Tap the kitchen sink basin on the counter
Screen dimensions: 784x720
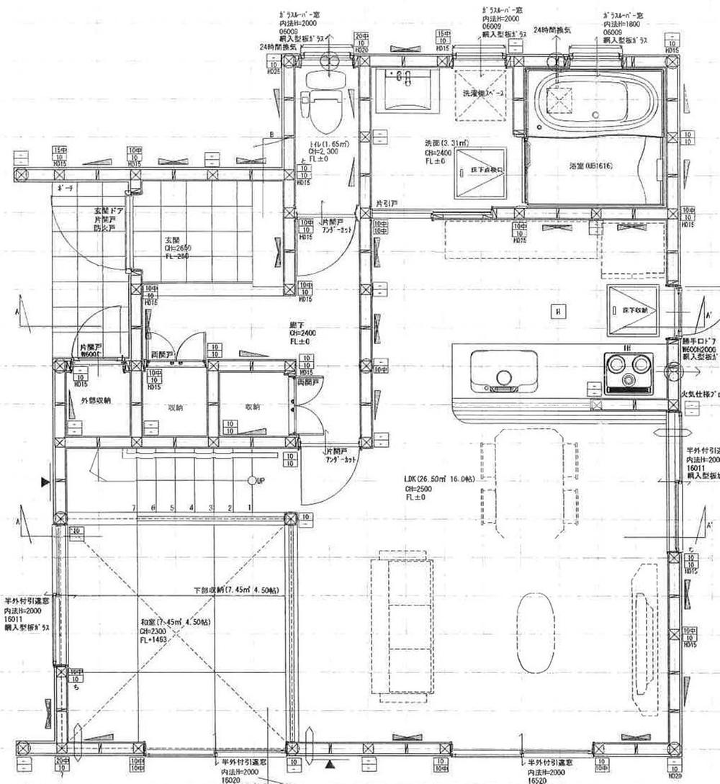(503, 371)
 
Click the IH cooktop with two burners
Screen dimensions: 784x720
(629, 372)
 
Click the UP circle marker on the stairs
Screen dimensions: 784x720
(252, 480)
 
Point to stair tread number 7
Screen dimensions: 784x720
(134, 508)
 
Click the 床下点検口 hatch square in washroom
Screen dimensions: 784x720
(479, 173)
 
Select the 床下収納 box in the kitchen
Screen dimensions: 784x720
(632, 310)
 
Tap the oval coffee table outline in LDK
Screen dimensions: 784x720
(536, 632)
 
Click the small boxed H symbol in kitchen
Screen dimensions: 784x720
(556, 311)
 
